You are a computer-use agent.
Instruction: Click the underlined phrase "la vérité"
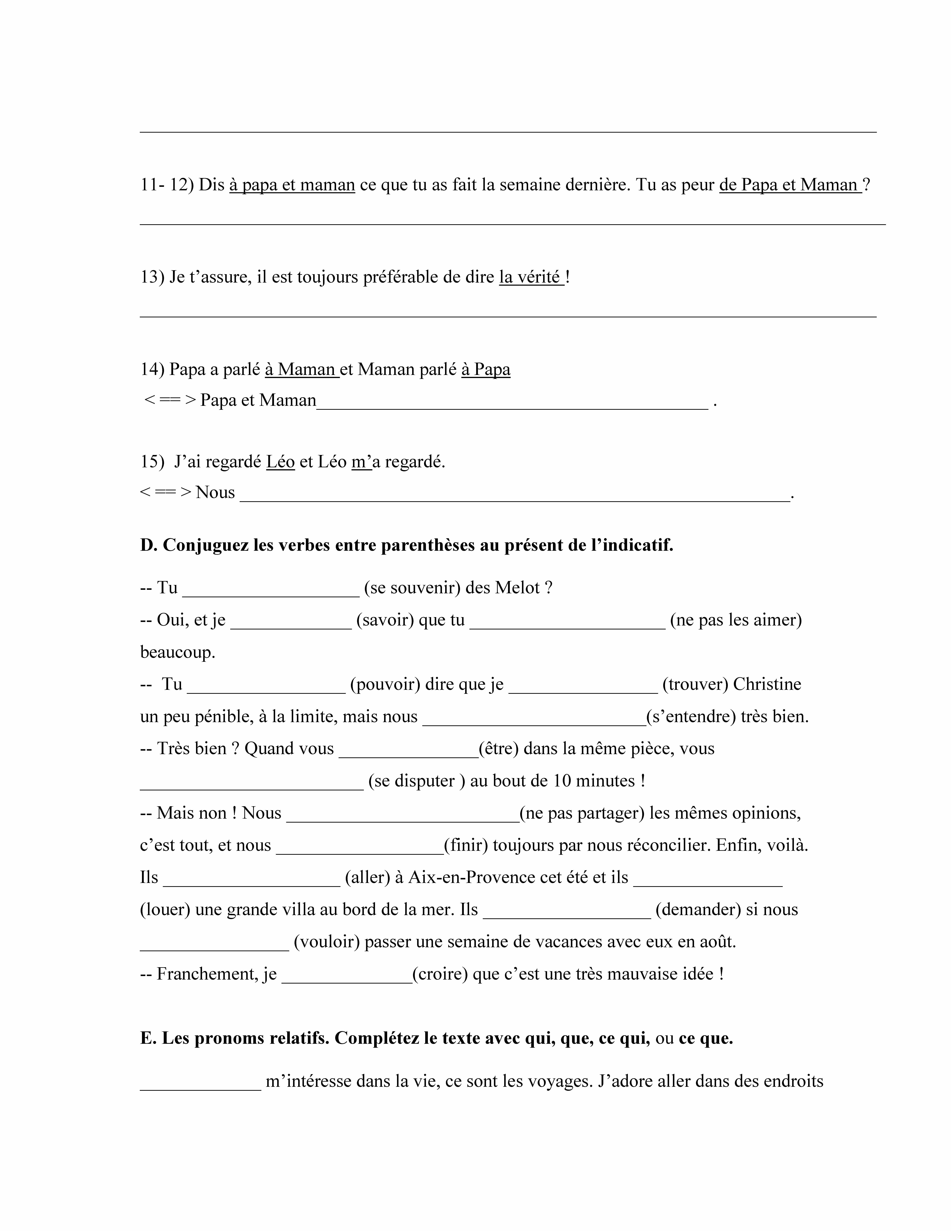pyautogui.click(x=531, y=277)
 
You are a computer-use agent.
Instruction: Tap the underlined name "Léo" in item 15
pyautogui.click(x=281, y=462)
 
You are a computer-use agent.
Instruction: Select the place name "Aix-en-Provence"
pyautogui.click(x=471, y=878)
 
